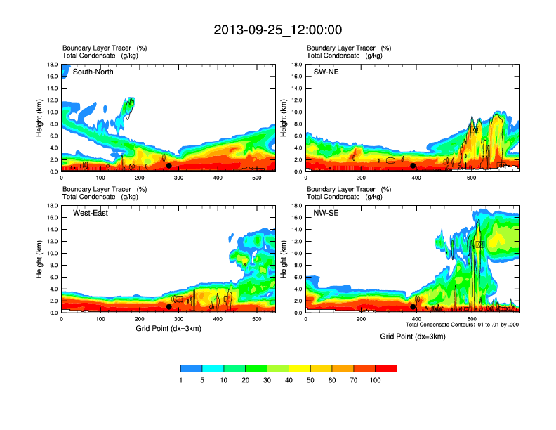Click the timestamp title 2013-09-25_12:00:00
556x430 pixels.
[x=278, y=30]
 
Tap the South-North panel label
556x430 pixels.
[x=93, y=72]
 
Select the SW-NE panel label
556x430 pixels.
[x=325, y=72]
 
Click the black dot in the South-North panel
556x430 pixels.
[x=168, y=166]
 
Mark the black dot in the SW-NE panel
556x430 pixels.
[x=413, y=166]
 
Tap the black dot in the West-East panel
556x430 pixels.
[x=168, y=306]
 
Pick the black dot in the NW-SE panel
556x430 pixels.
[x=413, y=306]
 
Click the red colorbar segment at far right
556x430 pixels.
[x=386, y=368]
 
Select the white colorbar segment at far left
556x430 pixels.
[x=170, y=368]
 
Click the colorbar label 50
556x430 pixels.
[x=310, y=380]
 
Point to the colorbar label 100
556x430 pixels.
[x=376, y=380]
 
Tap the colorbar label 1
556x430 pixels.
[x=180, y=380]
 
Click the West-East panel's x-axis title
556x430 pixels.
[x=168, y=329]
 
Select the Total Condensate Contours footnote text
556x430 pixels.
[x=462, y=325]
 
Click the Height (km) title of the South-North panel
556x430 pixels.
[x=40, y=118]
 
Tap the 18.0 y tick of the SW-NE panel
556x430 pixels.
[x=298, y=65]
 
